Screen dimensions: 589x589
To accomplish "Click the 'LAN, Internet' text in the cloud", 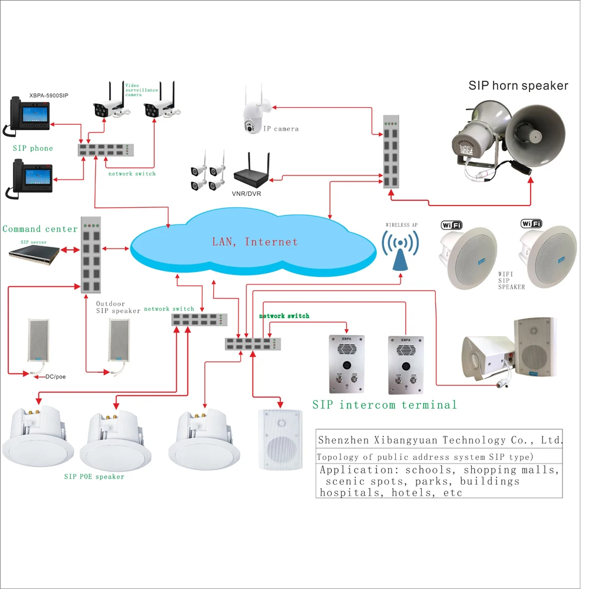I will pos(254,241).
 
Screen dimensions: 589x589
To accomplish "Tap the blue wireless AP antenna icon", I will pos(400,250).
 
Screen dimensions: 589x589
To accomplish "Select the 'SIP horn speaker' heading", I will pos(518,85).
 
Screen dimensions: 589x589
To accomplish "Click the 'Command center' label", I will pos(40,229).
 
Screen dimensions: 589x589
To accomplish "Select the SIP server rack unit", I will pos(34,253).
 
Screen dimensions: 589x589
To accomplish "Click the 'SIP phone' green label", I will pos(33,148).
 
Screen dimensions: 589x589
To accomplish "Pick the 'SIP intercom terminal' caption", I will pos(385,405).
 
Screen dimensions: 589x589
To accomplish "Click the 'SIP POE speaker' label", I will pos(94,477).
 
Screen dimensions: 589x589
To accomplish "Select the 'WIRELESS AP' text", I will pos(401,224).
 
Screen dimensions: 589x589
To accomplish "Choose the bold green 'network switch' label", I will pos(284,316).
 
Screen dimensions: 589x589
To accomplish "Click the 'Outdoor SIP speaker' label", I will pos(118,307).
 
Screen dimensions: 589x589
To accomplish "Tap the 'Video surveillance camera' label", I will pos(141,90).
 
